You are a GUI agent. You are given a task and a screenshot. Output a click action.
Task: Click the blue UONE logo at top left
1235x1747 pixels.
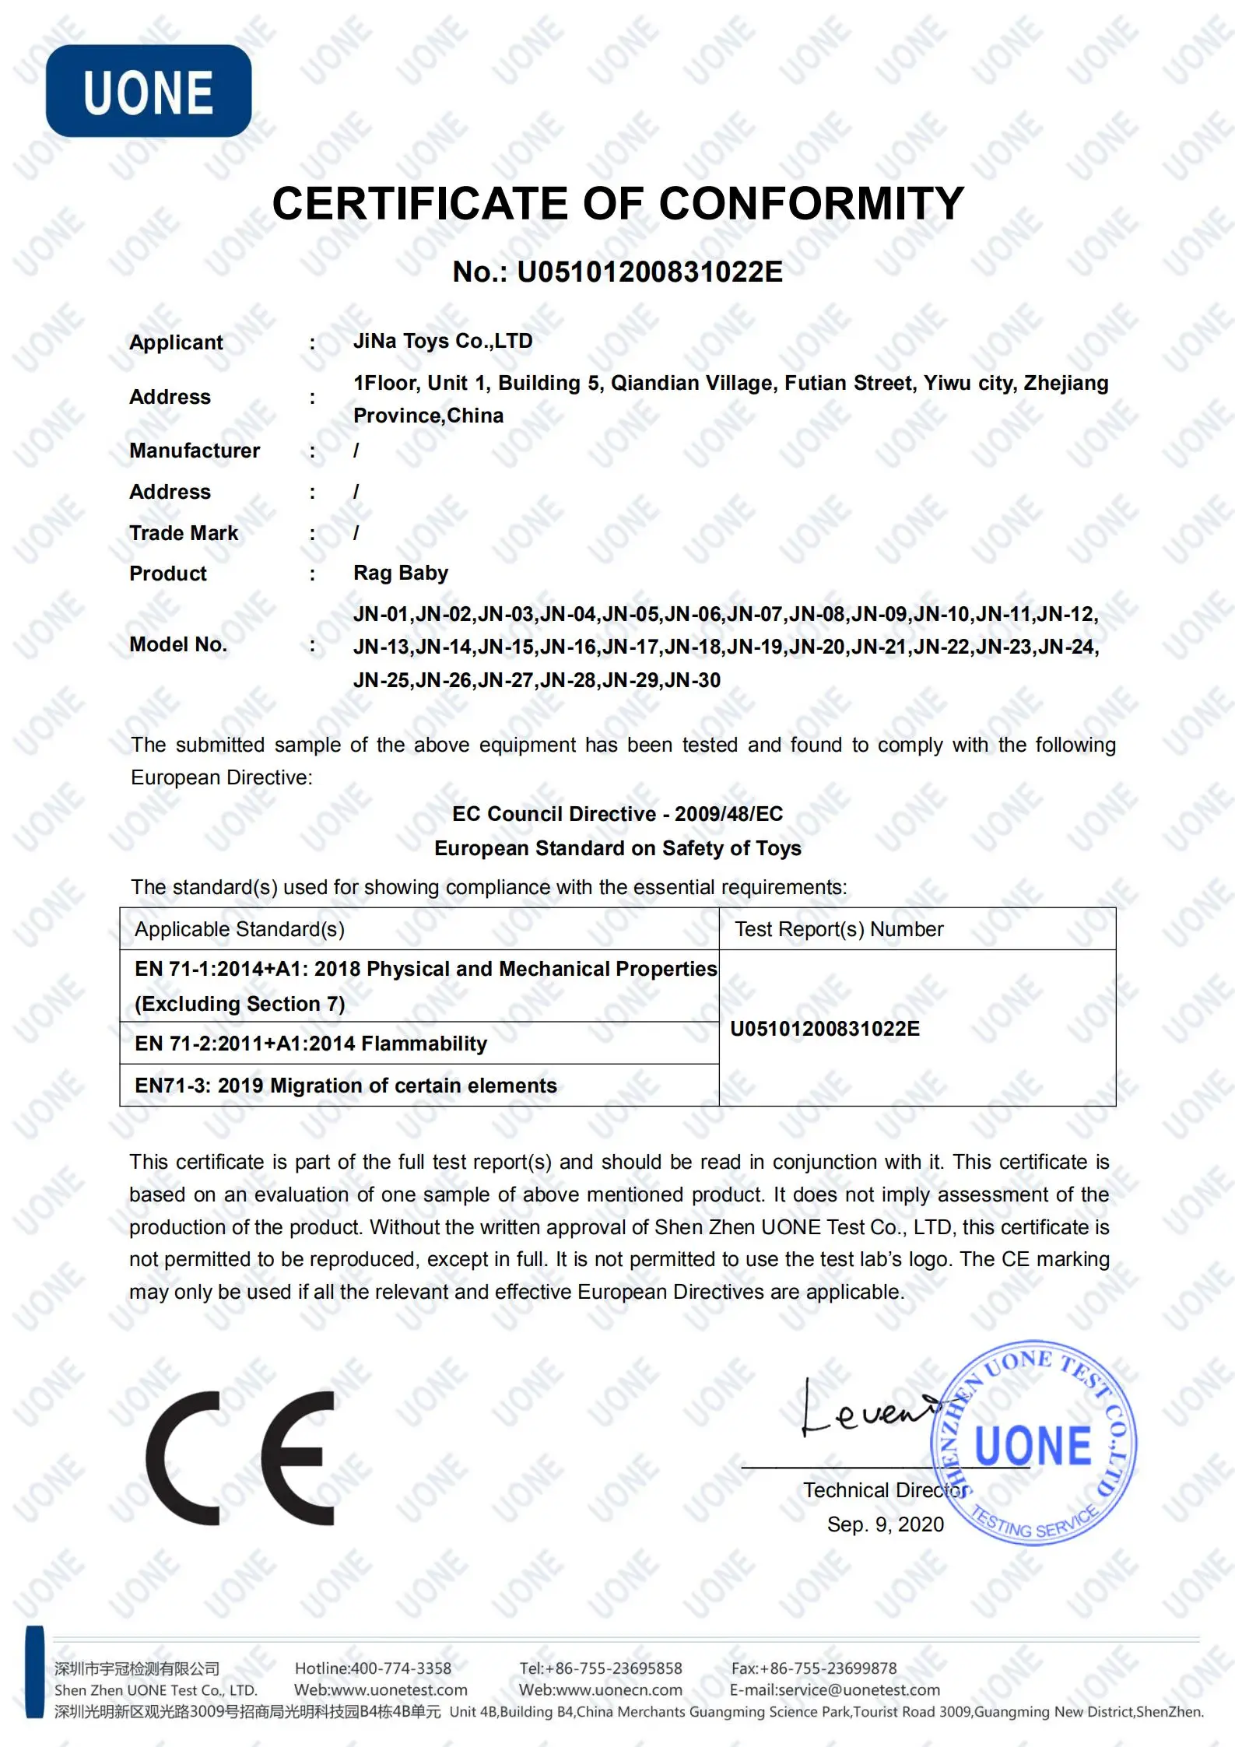coord(149,91)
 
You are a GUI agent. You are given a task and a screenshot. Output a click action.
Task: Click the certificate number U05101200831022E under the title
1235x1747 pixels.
coord(650,272)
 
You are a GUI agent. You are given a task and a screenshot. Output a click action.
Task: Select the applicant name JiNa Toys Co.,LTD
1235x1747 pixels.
coord(443,341)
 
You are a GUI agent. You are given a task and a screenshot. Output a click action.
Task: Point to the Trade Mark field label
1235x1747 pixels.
coord(184,533)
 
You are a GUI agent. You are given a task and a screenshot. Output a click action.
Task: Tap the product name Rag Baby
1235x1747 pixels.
coord(401,574)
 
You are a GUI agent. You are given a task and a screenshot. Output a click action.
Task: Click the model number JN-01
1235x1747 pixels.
coord(381,615)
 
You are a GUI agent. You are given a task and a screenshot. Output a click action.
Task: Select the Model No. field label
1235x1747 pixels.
coord(178,644)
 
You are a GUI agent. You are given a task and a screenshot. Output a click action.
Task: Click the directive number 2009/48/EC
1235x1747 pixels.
coord(728,814)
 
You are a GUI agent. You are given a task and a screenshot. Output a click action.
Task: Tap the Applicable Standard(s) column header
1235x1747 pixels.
coord(240,929)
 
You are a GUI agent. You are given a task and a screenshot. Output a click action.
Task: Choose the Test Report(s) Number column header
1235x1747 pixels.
coord(839,929)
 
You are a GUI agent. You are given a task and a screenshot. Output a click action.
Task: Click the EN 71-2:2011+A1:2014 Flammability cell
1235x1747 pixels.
coord(311,1044)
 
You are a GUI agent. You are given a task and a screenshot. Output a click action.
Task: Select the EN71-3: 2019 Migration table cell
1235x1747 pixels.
coord(346,1086)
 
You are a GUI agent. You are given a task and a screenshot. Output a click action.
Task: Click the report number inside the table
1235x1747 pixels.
coord(825,1029)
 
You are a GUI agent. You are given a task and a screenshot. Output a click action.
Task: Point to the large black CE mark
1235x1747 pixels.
coord(240,1458)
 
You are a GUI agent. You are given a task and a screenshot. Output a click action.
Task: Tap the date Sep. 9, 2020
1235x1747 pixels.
coord(886,1524)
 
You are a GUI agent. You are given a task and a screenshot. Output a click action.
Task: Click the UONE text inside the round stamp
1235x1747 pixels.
coord(1033,1446)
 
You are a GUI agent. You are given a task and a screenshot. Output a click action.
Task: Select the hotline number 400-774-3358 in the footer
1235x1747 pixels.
coord(401,1668)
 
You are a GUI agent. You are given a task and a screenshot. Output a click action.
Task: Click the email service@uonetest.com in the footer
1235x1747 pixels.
coord(859,1690)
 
